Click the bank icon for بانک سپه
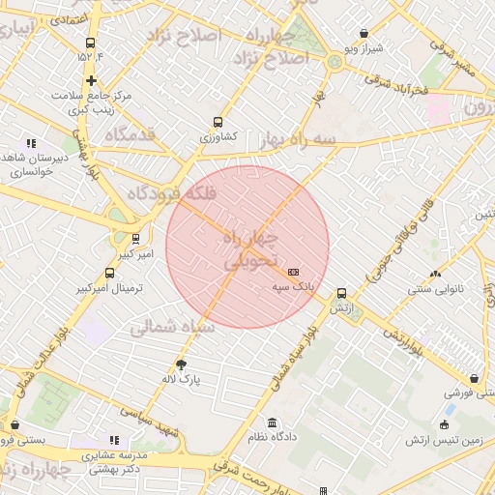pyautogui.click(x=294, y=272)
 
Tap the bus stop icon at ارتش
pyautogui.click(x=341, y=293)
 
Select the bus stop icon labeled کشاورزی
pyautogui.click(x=218, y=123)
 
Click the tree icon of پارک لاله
pyautogui.click(x=181, y=364)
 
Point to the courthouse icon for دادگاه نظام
pyautogui.click(x=272, y=422)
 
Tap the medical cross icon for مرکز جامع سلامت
pyautogui.click(x=91, y=81)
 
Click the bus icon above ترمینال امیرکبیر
pyautogui.click(x=109, y=273)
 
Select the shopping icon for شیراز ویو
pyautogui.click(x=364, y=33)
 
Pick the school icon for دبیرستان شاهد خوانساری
pyautogui.click(x=32, y=143)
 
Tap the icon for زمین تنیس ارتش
pyautogui.click(x=444, y=424)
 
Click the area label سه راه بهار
pyautogui.click(x=298, y=141)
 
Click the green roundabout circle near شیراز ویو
pyautogui.click(x=335, y=61)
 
